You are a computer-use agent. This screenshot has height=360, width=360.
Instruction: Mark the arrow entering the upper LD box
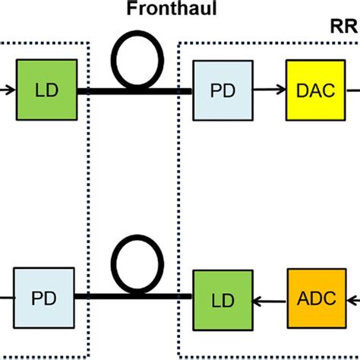pyautogui.click(x=8, y=90)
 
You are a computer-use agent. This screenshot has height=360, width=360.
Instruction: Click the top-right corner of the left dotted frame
pyautogui.click(x=90, y=43)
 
